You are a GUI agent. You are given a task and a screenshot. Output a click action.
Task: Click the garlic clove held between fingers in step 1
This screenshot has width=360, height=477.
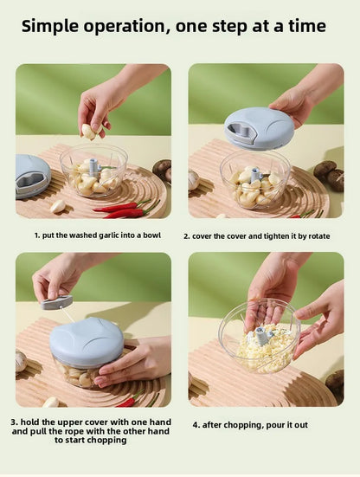click(x=88, y=131)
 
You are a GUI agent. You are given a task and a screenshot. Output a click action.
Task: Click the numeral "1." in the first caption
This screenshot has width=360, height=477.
click(x=37, y=235)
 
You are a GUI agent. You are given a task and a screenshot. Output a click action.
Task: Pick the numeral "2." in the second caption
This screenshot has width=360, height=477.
click(x=187, y=235)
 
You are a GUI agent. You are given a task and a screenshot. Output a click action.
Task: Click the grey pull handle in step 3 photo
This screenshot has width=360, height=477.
click(x=57, y=302)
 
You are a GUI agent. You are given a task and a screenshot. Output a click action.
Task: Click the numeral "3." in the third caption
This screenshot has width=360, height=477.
click(x=15, y=422)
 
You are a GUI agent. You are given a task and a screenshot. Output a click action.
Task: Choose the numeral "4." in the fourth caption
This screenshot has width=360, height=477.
click(x=196, y=425)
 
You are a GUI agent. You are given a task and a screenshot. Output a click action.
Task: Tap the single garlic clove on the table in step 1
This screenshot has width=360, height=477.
click(x=57, y=206)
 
